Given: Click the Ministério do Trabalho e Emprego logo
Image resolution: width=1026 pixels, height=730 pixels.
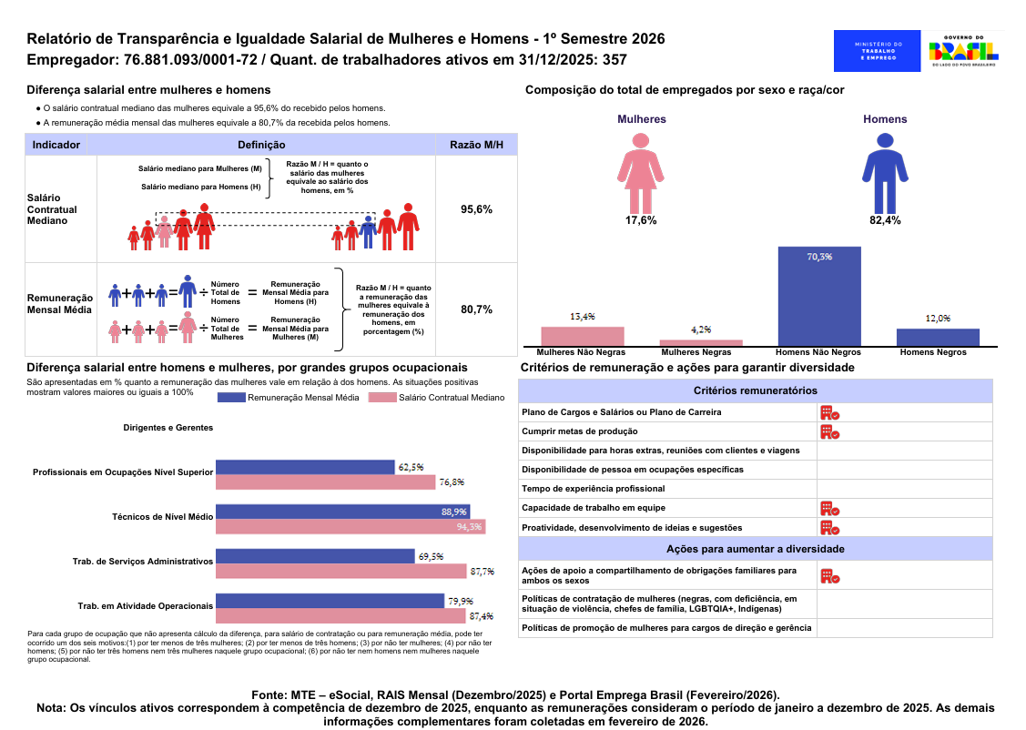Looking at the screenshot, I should [878, 51].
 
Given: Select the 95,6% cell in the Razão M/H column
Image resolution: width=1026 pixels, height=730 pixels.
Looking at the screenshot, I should [476, 209].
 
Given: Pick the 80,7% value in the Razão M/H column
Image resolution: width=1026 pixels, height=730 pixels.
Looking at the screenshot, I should [476, 309].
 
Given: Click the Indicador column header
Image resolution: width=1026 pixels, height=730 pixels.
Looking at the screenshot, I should [56, 145].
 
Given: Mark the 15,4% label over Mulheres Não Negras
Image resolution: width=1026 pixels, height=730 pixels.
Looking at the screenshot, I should [583, 317].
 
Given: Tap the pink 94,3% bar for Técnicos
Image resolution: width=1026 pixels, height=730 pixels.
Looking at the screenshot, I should [350, 526].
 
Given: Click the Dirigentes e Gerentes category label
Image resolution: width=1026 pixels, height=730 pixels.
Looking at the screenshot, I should [168, 428].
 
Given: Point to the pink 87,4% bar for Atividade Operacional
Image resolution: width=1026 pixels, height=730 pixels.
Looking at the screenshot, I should [343, 615].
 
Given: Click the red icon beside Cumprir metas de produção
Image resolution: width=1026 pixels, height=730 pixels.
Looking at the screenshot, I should [828, 431].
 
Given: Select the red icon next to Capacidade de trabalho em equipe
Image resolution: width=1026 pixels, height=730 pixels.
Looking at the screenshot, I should [828, 508].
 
